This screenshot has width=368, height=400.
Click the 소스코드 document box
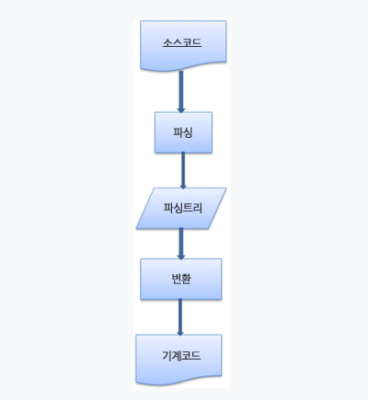pyautogui.click(x=183, y=45)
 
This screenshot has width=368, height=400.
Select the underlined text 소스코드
pyautogui.click(x=182, y=42)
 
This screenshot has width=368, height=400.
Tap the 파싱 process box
pyautogui.click(x=183, y=132)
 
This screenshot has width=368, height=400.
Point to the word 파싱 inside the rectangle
pyautogui.click(x=183, y=132)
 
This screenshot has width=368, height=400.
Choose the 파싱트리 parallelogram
pyautogui.click(x=181, y=208)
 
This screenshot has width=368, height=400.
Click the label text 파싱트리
pyautogui.click(x=182, y=208)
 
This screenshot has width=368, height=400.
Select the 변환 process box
pyautogui.click(x=181, y=279)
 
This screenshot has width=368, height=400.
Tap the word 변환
pyautogui.click(x=181, y=279)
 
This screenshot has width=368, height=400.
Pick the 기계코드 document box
pyautogui.click(x=178, y=360)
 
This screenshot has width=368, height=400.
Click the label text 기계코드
pyautogui.click(x=181, y=356)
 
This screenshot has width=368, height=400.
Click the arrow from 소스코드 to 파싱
pyautogui.click(x=181, y=92)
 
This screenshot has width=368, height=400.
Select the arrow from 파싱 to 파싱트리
pyautogui.click(x=183, y=170)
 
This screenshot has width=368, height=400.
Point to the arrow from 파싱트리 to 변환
pyautogui.click(x=181, y=244)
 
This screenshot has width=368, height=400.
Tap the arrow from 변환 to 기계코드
pyautogui.click(x=180, y=317)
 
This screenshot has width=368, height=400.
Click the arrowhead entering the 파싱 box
pyautogui.click(x=181, y=109)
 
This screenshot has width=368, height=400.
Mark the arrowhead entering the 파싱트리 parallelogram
pyautogui.click(x=183, y=186)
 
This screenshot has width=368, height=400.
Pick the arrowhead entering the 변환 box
pyautogui.click(x=181, y=257)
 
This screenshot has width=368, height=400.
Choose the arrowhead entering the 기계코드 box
pyautogui.click(x=180, y=332)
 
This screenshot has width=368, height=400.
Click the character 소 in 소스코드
pyautogui.click(x=167, y=42)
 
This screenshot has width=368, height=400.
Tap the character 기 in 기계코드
pyautogui.click(x=167, y=356)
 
